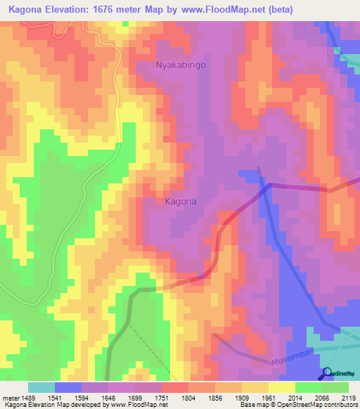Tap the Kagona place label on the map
(x=181, y=201)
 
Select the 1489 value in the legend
(x=27, y=398)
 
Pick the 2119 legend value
(x=348, y=398)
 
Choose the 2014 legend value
(x=284, y=398)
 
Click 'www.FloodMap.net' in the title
(x=219, y=9)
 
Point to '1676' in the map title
(x=112, y=9)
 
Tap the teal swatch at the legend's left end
(x=41, y=387)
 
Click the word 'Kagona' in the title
(x=27, y=9)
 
